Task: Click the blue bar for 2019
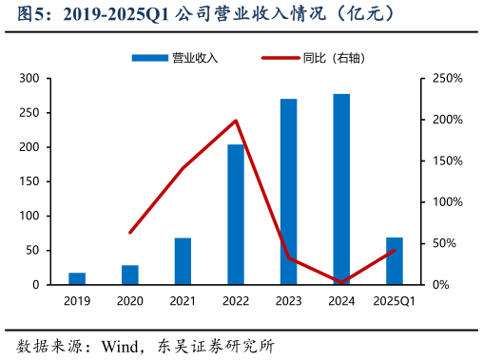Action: [77, 278]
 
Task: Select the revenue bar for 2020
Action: [130, 275]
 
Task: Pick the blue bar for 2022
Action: [236, 215]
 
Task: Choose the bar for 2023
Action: [289, 192]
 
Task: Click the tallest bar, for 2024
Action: [341, 189]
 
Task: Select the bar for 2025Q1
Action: [395, 261]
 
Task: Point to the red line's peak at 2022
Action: [236, 121]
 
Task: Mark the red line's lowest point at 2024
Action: [341, 282]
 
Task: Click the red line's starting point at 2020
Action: [130, 232]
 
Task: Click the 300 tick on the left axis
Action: [30, 79]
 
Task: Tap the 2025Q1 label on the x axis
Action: [395, 301]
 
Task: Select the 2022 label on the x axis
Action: [236, 301]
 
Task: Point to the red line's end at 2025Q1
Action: [395, 250]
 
